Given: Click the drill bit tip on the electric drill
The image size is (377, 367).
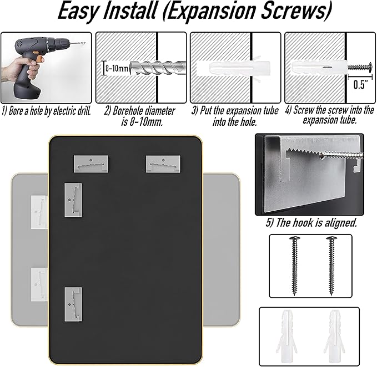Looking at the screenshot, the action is pyautogui.click(x=84, y=43).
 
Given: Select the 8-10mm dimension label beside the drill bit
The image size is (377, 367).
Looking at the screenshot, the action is pyautogui.click(x=117, y=68).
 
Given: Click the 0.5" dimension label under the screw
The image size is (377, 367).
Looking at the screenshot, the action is pyautogui.click(x=360, y=84).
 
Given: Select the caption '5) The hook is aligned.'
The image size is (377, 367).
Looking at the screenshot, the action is pyautogui.click(x=311, y=223).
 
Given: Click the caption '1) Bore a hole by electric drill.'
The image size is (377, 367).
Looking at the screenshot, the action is pyautogui.click(x=46, y=111).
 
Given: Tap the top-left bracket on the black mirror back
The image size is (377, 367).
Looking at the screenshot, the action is pyautogui.click(x=91, y=164).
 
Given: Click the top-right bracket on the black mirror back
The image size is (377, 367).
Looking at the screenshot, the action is pyautogui.click(x=163, y=164).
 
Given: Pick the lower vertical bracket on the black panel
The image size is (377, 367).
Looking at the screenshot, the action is pyautogui.click(x=73, y=304).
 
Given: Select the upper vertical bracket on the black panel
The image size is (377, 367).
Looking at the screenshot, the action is pyautogui.click(x=73, y=200).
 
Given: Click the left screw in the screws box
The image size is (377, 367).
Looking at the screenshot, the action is pyautogui.click(x=294, y=266).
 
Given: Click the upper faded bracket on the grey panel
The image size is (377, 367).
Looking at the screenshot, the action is pyautogui.click(x=39, y=212).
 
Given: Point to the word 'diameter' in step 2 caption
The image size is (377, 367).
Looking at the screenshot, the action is pyautogui.click(x=160, y=111).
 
